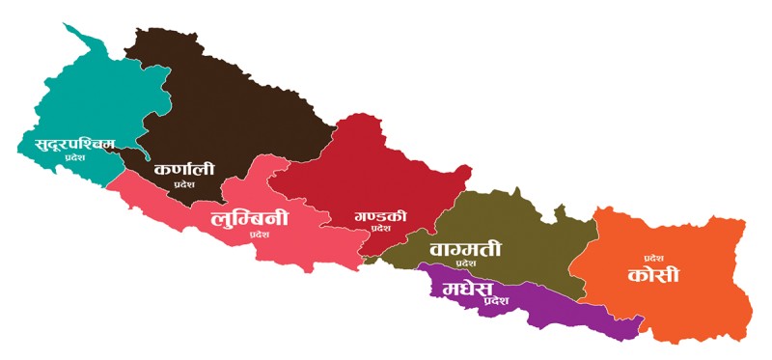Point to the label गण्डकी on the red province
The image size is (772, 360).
380,215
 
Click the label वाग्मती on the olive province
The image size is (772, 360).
466,248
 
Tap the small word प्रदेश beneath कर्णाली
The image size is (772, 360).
183,183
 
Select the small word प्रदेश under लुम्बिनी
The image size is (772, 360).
259,235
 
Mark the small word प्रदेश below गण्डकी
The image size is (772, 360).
380,230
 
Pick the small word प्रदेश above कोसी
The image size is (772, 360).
655,258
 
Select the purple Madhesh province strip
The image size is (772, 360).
560,314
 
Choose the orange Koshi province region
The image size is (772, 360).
675,299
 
